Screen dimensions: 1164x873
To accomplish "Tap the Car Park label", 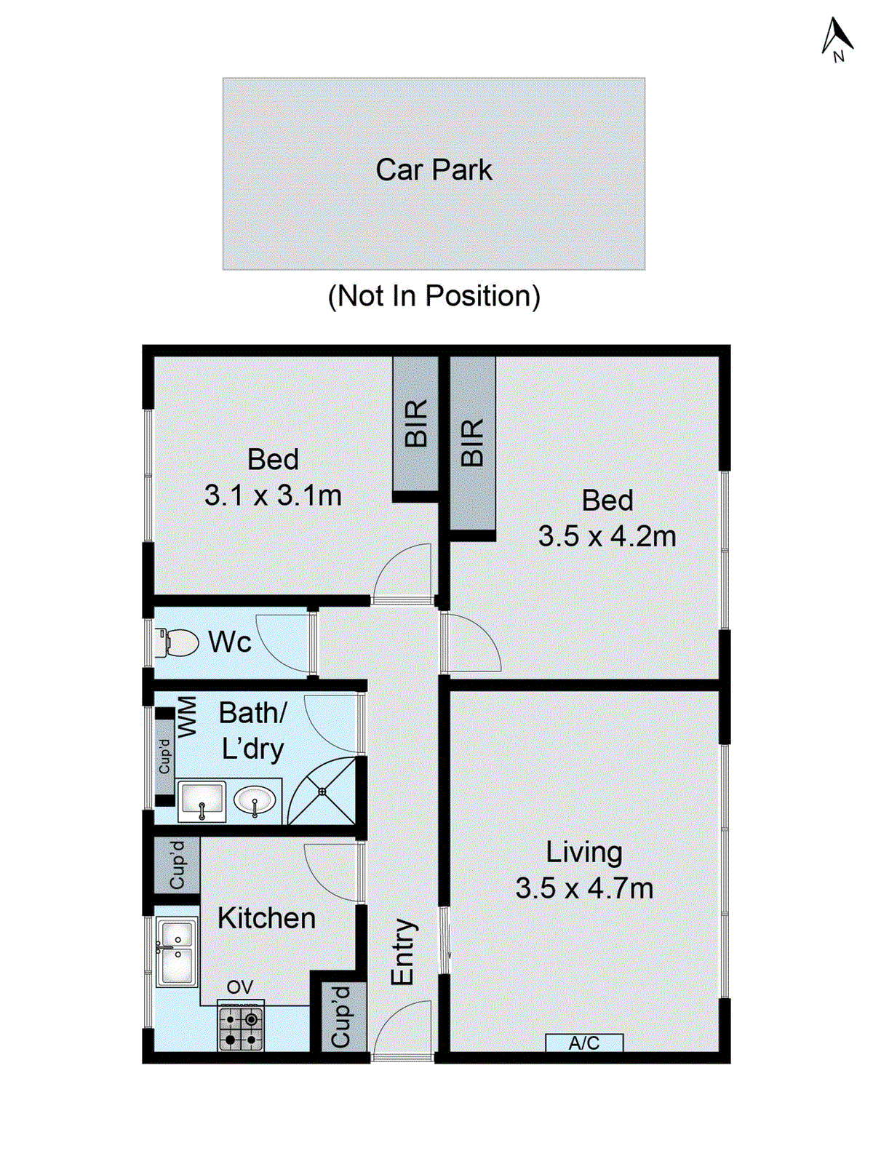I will click(434, 170).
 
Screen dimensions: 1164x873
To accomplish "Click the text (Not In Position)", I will click(434, 296).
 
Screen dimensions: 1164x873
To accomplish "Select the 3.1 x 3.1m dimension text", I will click(273, 495).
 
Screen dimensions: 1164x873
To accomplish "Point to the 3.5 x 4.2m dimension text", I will click(607, 537).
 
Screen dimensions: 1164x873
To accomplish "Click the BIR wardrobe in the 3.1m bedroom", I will click(415, 423).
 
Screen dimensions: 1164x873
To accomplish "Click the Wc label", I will click(230, 642).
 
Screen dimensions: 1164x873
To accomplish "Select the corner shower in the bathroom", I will click(324, 792).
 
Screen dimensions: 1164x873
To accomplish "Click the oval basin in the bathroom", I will click(255, 801).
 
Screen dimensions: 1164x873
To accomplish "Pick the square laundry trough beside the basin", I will click(202, 802).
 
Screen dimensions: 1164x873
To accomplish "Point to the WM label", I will click(187, 717).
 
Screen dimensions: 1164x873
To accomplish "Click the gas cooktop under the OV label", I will click(241, 1027).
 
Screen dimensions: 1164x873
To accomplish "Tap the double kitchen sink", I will click(176, 952).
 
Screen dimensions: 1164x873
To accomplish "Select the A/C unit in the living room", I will click(584, 1043).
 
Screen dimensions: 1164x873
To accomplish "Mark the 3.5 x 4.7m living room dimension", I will click(584, 888).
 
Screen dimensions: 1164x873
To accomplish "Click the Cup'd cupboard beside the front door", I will click(340, 1017).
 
